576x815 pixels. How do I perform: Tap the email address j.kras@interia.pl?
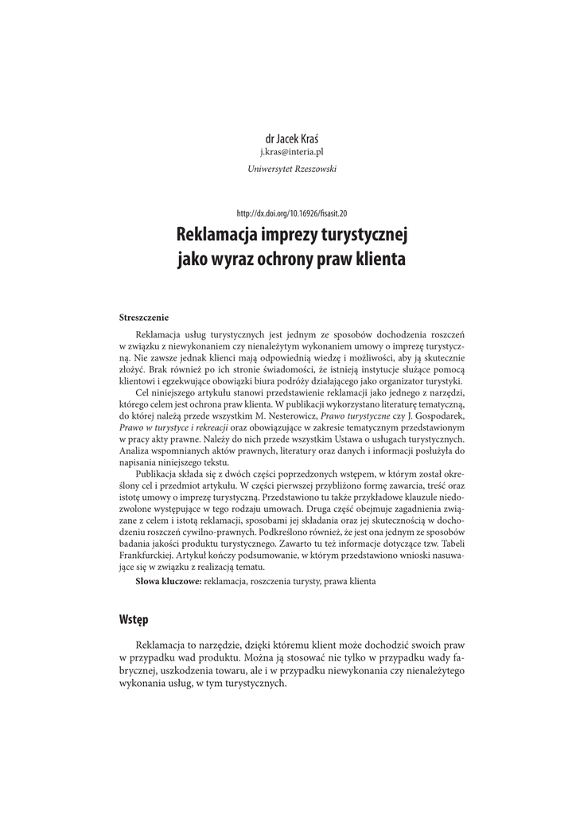click(x=287, y=151)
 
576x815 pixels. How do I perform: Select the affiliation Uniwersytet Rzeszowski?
click(x=287, y=168)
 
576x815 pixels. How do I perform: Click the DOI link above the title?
click(x=287, y=213)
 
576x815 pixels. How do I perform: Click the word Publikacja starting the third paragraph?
click(x=160, y=474)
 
